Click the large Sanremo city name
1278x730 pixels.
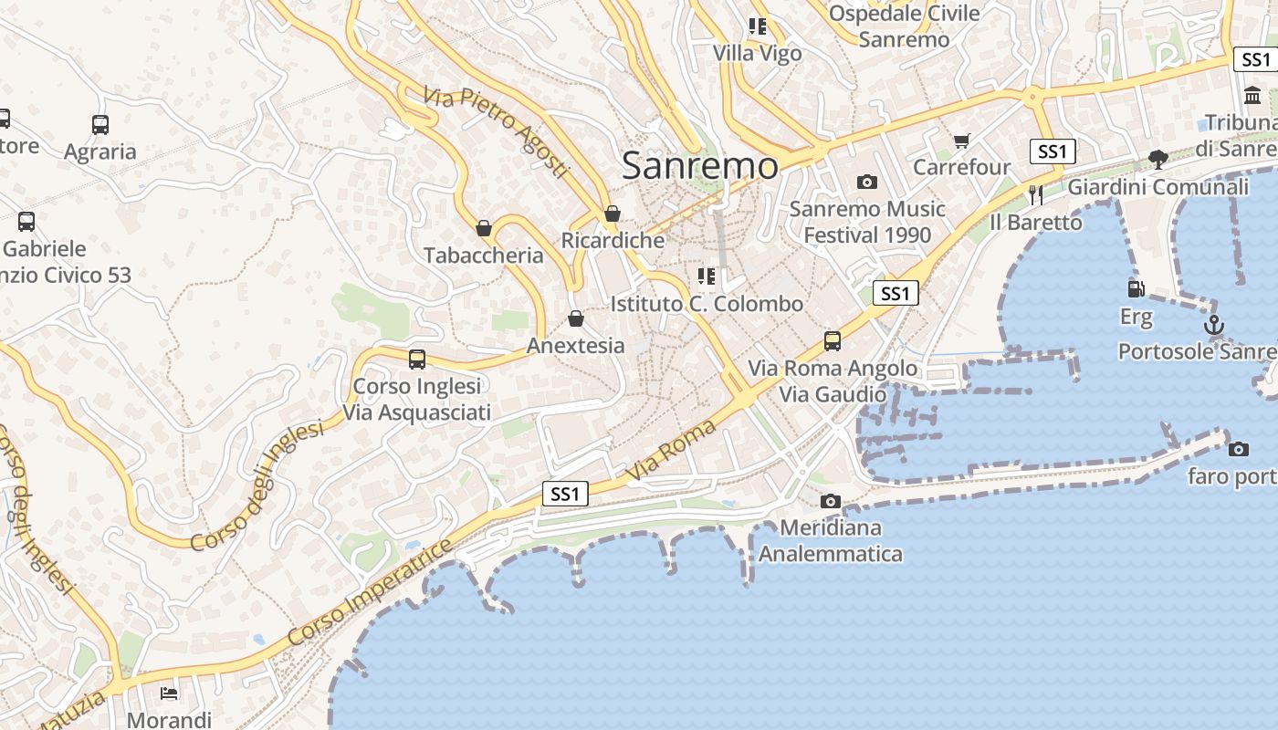click(700, 166)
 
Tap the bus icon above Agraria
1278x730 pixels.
click(100, 125)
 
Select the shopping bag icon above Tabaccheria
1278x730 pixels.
click(484, 228)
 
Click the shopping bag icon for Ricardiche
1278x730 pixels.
click(613, 214)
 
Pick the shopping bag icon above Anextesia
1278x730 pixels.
click(576, 318)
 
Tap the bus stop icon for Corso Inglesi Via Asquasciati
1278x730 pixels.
click(417, 359)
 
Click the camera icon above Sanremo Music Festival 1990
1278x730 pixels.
click(867, 182)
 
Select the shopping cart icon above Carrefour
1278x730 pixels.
click(961, 140)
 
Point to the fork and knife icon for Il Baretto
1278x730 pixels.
click(1035, 195)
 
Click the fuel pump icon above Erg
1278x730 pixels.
click(1137, 289)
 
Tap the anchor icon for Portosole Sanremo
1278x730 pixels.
click(1213, 325)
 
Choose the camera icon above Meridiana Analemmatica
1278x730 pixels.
click(830, 501)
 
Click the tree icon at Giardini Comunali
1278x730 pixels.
click(1158, 160)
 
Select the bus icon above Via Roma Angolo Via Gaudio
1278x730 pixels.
click(832, 341)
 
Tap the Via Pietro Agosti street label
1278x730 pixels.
click(497, 131)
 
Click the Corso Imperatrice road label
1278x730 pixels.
click(370, 593)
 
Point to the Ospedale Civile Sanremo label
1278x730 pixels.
click(904, 26)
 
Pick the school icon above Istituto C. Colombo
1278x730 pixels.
click(706, 276)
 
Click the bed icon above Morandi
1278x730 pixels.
click(169, 693)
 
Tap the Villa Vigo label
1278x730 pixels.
click(758, 53)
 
